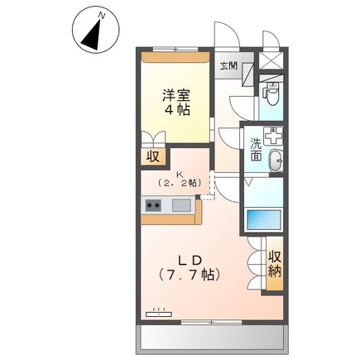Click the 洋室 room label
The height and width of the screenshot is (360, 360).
[174, 94]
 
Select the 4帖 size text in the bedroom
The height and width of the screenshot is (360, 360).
[174, 110]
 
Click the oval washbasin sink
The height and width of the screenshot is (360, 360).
[276, 162]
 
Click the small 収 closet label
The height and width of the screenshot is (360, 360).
[154, 155]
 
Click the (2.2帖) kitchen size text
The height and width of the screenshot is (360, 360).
[181, 181]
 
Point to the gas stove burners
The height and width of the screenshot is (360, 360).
[153, 206]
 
